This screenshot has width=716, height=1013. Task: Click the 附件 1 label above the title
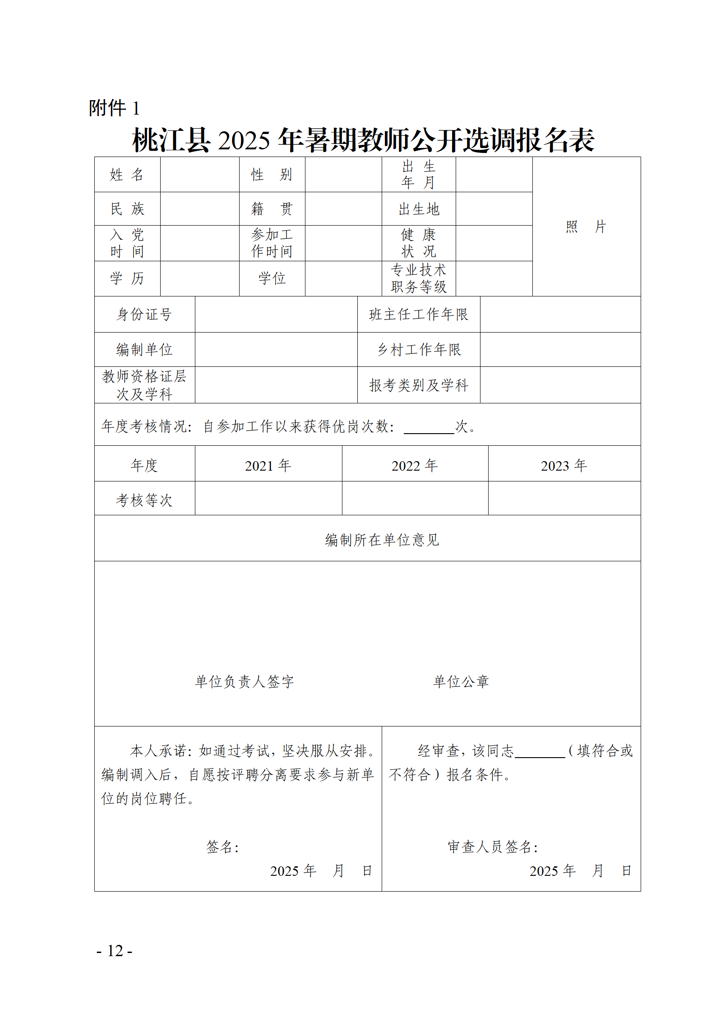[x=114, y=108]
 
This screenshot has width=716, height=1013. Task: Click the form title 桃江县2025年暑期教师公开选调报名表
[x=363, y=140]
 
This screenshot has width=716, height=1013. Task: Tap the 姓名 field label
[x=127, y=175]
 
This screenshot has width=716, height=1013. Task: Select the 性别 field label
[x=272, y=175]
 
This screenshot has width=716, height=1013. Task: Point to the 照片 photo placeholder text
[x=586, y=227]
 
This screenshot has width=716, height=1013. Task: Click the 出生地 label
[x=419, y=209]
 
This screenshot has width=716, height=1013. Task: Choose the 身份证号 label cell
[x=144, y=315]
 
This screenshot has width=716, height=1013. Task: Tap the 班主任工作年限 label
[x=419, y=315]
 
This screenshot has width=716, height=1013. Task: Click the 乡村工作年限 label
[x=419, y=350]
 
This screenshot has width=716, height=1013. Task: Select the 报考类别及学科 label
[x=419, y=385]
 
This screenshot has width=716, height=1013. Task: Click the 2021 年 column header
[x=268, y=465]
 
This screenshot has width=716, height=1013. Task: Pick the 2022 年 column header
[x=415, y=465]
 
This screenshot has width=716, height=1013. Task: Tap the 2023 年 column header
[x=564, y=465]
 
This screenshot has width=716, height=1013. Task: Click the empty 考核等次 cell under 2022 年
[x=415, y=499]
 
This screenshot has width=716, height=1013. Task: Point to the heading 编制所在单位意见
[x=382, y=540]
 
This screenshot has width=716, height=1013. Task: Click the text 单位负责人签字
[x=245, y=681]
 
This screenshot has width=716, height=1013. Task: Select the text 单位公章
[x=461, y=681]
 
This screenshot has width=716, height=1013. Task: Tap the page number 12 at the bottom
[x=115, y=951]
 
